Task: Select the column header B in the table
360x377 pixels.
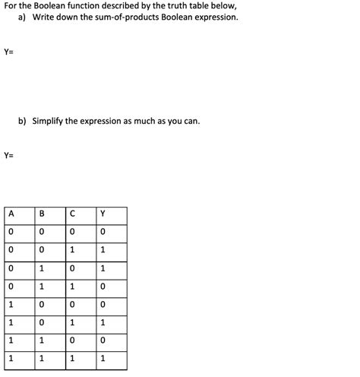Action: click(41, 214)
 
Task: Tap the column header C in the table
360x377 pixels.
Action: click(72, 214)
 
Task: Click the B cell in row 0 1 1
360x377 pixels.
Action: click(41, 287)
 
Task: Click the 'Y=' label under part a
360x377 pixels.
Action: click(9, 52)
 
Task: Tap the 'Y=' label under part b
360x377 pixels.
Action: click(9, 156)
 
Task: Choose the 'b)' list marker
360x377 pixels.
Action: click(23, 121)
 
